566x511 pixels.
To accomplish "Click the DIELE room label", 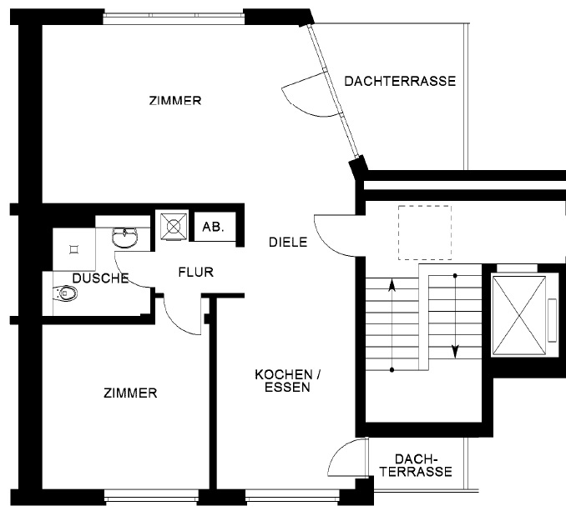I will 288,243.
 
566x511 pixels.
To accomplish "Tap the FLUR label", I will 196,271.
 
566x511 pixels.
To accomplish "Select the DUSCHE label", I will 100,278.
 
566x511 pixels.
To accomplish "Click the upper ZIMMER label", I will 174,101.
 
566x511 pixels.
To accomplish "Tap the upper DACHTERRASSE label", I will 399,81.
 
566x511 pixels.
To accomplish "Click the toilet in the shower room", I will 65,293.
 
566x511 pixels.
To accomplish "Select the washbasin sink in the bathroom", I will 126,238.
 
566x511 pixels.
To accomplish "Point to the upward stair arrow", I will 392,325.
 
